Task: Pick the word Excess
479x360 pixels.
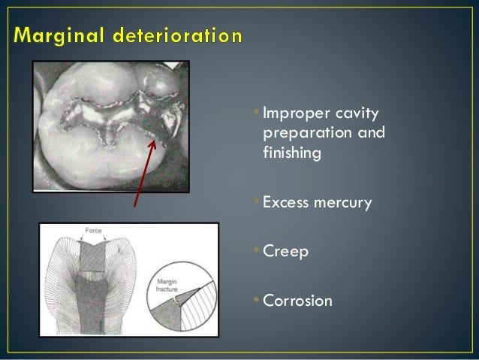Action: (285, 202)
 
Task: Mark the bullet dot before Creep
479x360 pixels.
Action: (256, 250)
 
